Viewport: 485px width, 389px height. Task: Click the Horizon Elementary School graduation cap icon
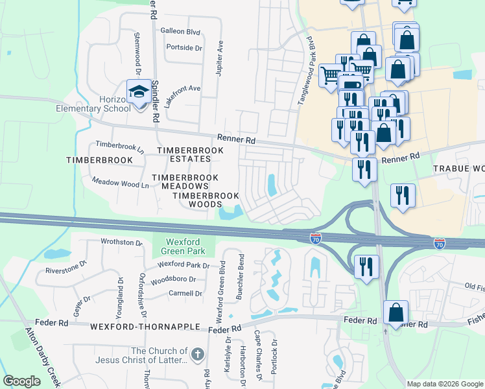139,92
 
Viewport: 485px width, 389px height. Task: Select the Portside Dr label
184,47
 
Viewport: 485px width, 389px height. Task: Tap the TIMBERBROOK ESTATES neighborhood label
191,154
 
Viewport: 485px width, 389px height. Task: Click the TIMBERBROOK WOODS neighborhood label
206,200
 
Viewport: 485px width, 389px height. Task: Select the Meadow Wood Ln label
121,184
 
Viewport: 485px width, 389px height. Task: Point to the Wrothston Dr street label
121,242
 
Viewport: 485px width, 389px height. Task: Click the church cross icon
198,355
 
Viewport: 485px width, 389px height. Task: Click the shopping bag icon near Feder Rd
395,312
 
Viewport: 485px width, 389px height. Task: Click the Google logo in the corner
21,381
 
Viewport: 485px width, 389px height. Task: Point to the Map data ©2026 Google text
444,384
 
